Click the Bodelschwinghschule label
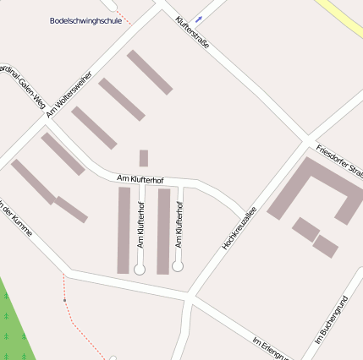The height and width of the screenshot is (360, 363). (x=85, y=20)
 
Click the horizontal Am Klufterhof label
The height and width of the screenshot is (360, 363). (x=140, y=179)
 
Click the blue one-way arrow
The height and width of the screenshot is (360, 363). (x=199, y=18)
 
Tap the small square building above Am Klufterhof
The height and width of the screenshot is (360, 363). (x=144, y=158)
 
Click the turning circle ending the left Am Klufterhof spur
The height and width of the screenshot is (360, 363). (x=140, y=268)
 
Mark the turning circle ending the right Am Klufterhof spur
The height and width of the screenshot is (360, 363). (x=178, y=265)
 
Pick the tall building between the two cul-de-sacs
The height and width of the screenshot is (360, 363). (x=163, y=231)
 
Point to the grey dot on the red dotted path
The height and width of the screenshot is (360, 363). (x=64, y=300)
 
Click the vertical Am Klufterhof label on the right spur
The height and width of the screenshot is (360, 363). (x=179, y=225)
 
